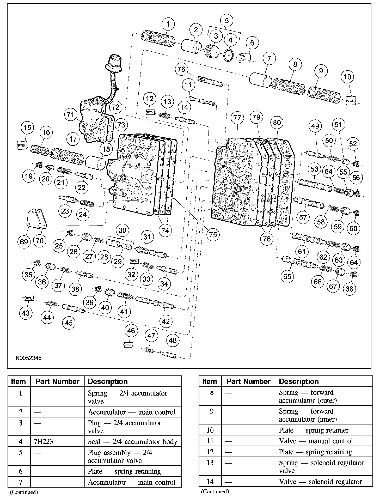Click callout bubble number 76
pyautogui.click(x=181, y=69)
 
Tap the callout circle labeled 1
pyautogui.click(x=168, y=24)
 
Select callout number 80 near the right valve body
pyautogui.click(x=277, y=122)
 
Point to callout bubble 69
pyautogui.click(x=24, y=242)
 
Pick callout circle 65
pyautogui.click(x=287, y=276)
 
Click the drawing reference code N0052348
pyautogui.click(x=29, y=358)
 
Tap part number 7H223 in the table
pyautogui.click(x=44, y=442)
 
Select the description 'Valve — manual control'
pyautogui.click(x=316, y=441)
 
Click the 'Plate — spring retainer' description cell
pyautogui.click(x=314, y=430)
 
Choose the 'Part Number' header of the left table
pyautogui.click(x=57, y=381)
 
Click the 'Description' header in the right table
pyautogui.click(x=299, y=381)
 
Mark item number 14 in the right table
pyautogui.click(x=210, y=481)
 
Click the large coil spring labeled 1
pyautogui.click(x=157, y=39)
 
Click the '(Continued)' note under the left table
pyautogui.click(x=24, y=492)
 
